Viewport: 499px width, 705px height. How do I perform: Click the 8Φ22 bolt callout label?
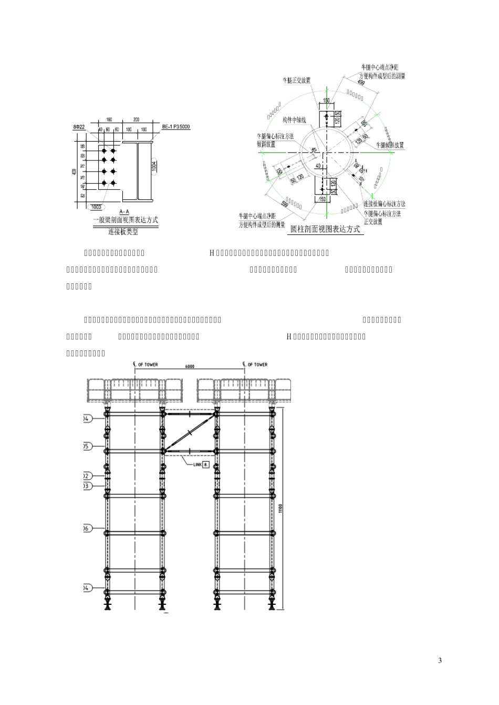[x=79, y=127]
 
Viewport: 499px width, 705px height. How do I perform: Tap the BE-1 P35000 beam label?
[x=175, y=126]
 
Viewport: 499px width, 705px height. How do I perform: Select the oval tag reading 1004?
[x=154, y=166]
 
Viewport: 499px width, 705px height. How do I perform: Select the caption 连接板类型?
[x=123, y=232]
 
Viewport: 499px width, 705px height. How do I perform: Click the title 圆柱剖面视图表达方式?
[x=326, y=228]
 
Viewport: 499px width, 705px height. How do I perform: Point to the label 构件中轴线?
[x=294, y=120]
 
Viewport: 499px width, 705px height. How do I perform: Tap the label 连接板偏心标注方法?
[x=384, y=204]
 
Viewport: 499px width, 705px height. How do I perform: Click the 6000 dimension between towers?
[x=189, y=368]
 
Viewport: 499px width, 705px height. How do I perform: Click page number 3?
[x=440, y=660]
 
